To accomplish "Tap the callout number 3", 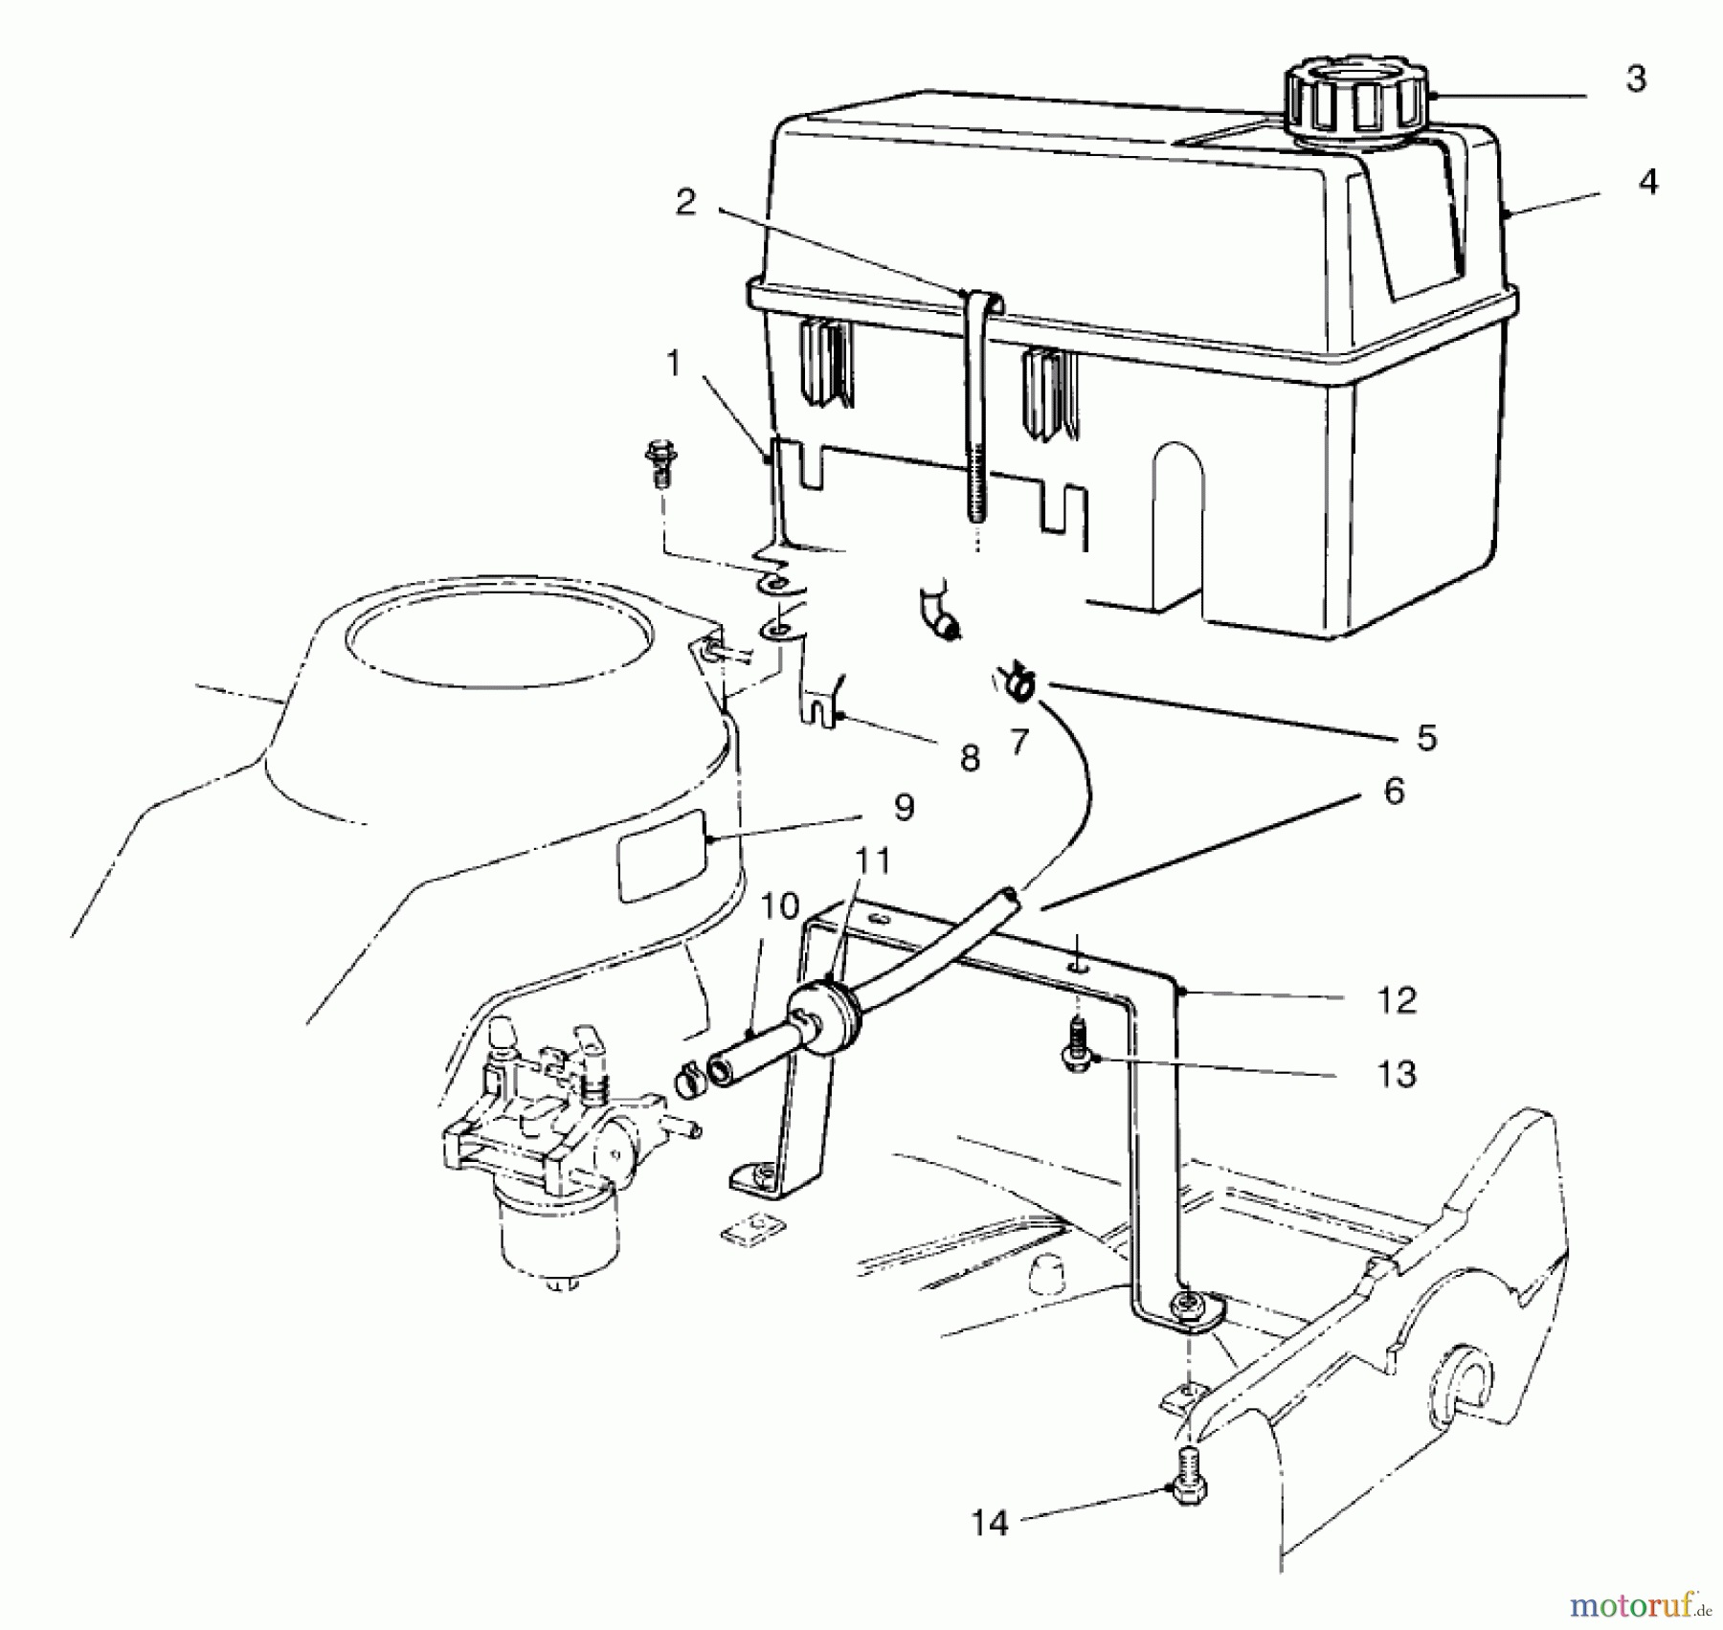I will point(1636,79).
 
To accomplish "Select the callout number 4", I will point(1647,182).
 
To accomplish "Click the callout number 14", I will point(990,1523).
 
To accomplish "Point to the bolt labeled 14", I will point(1187,1488).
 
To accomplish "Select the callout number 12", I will point(1396,1001).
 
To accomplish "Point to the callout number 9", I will point(904,807).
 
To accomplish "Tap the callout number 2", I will point(685,203).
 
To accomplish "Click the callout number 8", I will point(970,758).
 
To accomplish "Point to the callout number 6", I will point(1394,792).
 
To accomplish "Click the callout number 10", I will point(780,905).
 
